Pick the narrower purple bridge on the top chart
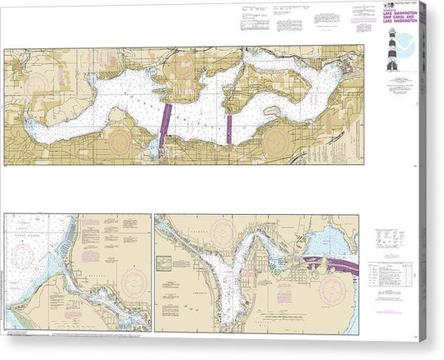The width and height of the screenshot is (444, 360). coord(229,125)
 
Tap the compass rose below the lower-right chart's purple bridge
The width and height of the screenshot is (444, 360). coord(332,288)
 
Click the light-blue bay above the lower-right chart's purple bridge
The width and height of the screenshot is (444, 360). coord(330,241)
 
